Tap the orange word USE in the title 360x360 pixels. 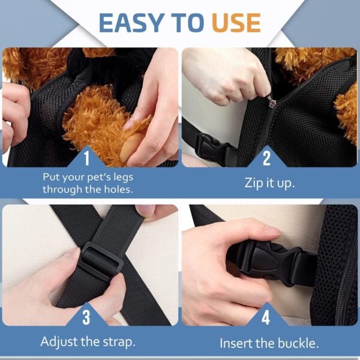point(236,23)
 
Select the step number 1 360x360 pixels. point(86,159)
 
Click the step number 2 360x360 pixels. point(266,159)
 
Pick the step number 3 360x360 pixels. point(86,316)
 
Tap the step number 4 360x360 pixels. point(266,316)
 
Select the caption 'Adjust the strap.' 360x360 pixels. point(88,342)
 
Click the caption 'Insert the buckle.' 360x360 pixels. point(269,343)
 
